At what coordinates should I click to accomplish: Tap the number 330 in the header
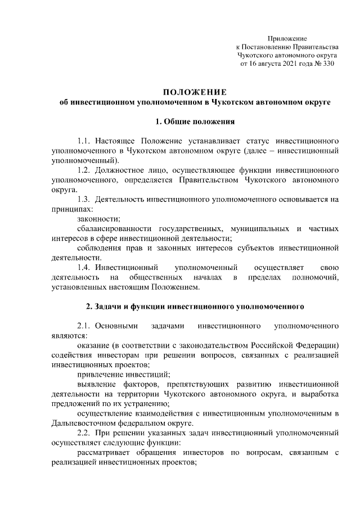(x=327, y=65)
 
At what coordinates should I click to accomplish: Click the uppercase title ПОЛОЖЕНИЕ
(x=195, y=92)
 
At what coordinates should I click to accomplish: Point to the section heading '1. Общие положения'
(x=195, y=121)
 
